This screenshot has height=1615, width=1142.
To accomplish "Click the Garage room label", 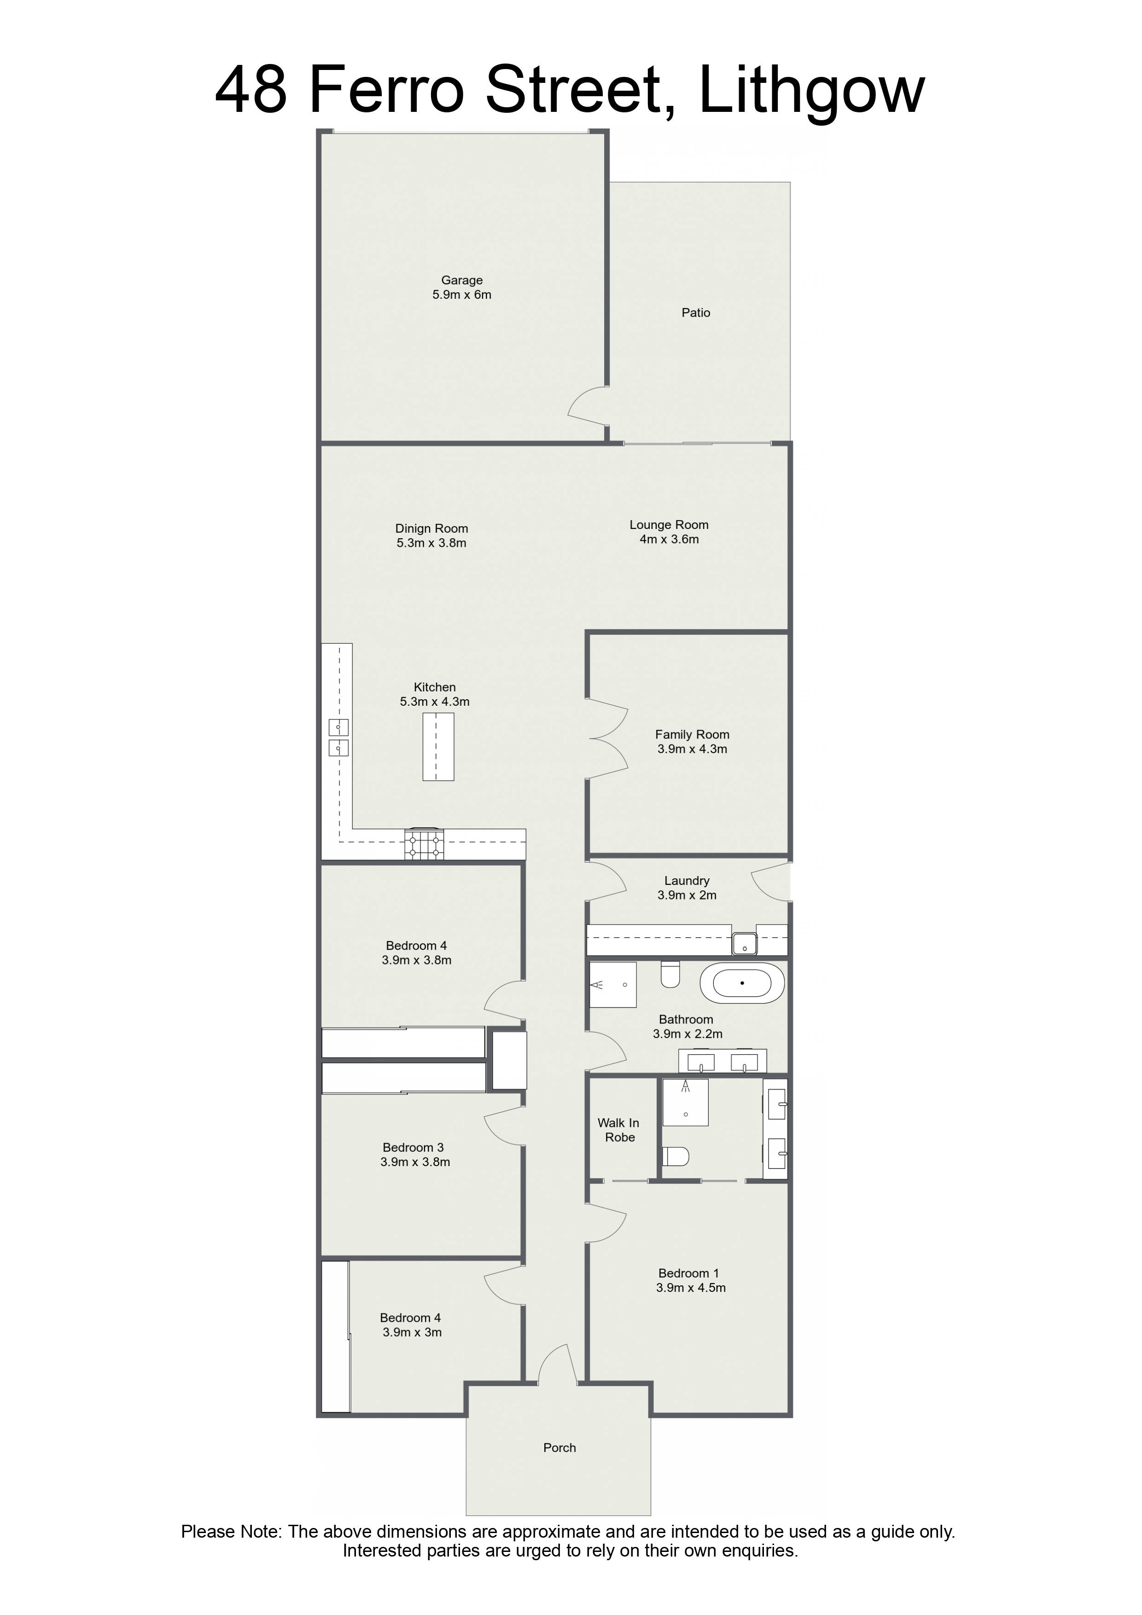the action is pos(461,280).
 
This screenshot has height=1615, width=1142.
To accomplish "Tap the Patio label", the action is pos(696,312).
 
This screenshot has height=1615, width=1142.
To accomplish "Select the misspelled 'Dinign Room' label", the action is pos(431,528).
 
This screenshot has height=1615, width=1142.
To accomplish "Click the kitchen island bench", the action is pos(437,746).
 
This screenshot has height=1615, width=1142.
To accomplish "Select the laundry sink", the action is pos(745,944).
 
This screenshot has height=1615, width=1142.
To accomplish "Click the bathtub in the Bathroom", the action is pos(742,983).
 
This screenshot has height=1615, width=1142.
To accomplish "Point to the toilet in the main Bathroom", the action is pos(670,974).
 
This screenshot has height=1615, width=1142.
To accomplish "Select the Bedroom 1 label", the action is pos(688,1273).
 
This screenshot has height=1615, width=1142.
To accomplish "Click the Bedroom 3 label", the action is pos(413,1147).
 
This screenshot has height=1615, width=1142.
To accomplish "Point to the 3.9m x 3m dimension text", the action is pos(412,1332).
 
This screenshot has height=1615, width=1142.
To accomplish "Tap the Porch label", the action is pos(559,1447).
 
